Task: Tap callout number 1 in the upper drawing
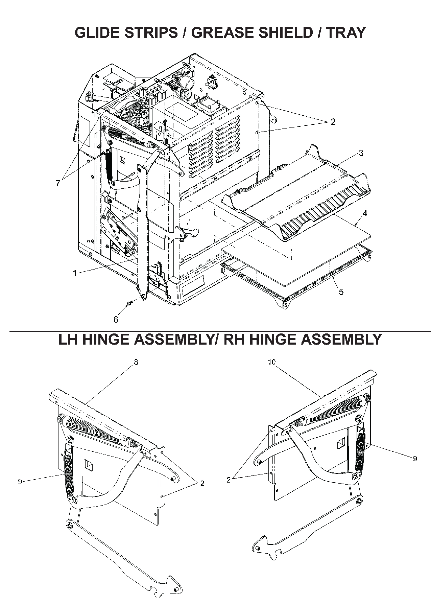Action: [x=75, y=273]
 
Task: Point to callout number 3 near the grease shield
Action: [x=361, y=153]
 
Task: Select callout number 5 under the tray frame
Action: [x=341, y=292]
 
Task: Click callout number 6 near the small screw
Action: [x=116, y=319]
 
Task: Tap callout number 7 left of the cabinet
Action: [x=58, y=183]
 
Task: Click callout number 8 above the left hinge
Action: [x=136, y=362]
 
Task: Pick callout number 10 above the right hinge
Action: [x=272, y=362]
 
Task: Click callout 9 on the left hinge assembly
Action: [x=20, y=481]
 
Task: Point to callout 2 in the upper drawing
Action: [x=333, y=122]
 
